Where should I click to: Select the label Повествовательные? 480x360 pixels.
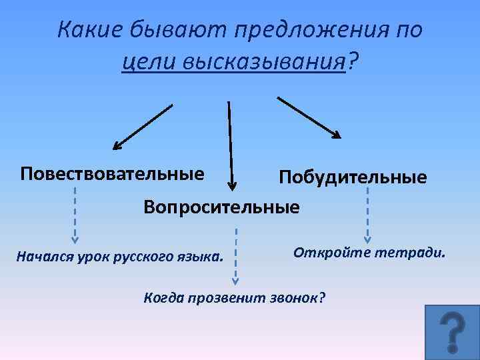coord(112,174)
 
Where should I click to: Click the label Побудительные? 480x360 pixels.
coord(353,177)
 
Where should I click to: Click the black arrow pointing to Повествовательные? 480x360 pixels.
coord(143,126)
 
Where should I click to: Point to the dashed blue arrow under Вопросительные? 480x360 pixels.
coord(235,257)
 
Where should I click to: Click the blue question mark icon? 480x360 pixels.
coord(452,333)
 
